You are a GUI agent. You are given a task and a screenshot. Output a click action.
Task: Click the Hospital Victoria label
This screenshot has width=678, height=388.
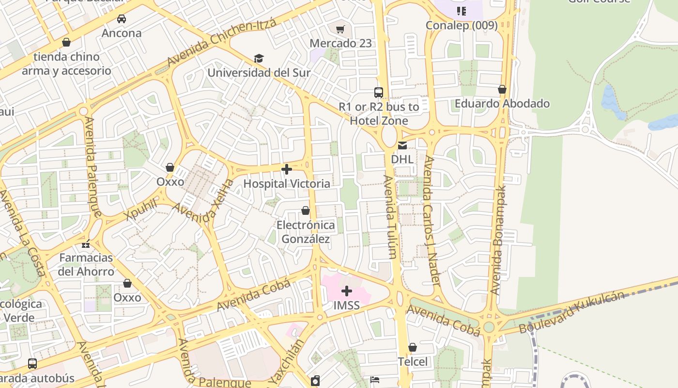coord(287,184)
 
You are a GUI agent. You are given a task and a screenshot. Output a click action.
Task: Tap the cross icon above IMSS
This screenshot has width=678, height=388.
coord(347,291)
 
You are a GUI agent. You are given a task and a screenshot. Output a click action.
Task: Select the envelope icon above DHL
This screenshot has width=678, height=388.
coord(402,145)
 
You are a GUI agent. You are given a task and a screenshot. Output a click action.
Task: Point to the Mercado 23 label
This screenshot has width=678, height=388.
coord(341,43)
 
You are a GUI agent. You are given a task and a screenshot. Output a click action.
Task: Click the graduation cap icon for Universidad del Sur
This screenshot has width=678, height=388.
coord(259,59)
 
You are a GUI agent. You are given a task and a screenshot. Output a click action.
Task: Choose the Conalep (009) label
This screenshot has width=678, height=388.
coord(462,25)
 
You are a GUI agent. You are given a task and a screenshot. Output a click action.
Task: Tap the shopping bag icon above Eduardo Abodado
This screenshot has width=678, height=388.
coord(502,90)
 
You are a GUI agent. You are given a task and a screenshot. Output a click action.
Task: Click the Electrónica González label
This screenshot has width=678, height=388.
coord(306,232)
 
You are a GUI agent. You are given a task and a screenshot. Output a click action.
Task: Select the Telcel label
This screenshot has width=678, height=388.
coord(413,361)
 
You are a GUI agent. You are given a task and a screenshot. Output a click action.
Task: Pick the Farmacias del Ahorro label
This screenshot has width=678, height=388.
coord(86,264)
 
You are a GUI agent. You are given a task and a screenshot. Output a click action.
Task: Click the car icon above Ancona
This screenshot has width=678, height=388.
coord(122,19)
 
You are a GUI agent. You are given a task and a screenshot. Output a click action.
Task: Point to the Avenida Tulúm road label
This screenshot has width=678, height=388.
coord(390,217)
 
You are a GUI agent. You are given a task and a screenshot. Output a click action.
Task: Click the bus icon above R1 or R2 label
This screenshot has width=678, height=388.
coord(379,92)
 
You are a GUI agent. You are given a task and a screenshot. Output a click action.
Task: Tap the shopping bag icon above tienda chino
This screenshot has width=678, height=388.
coord(66,42)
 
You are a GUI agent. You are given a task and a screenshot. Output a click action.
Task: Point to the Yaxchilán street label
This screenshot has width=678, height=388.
coord(287,361)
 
